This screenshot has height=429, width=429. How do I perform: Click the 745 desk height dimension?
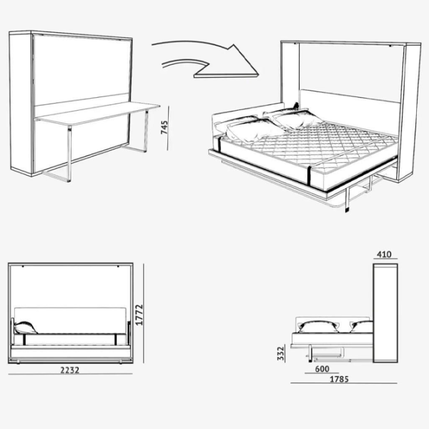tap(164, 127)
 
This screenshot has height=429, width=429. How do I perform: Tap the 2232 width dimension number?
tap(70, 370)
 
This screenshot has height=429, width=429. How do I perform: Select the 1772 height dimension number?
tap(139, 315)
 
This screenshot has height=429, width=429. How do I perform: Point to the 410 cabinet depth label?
tap(384, 255)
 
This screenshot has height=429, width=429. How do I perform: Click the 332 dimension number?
tap(281, 353)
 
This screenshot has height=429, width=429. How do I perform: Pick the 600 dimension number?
tap(322, 369)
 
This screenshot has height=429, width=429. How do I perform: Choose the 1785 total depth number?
tap(339, 379)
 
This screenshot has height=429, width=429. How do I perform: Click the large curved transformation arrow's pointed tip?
tap(258, 74)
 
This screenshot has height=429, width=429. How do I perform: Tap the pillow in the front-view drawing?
tap(26, 327)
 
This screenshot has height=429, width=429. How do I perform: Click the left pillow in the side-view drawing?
tap(318, 327)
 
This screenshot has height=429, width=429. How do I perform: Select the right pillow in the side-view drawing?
tap(361, 327)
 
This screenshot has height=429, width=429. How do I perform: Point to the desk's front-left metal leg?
tap(69, 153)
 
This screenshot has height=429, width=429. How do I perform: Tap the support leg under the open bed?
tap(347, 199)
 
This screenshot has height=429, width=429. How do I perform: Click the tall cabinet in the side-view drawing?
tap(385, 313)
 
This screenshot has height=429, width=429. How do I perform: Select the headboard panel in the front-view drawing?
tap(70, 320)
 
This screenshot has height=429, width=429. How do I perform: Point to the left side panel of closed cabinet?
tap(21, 103)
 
